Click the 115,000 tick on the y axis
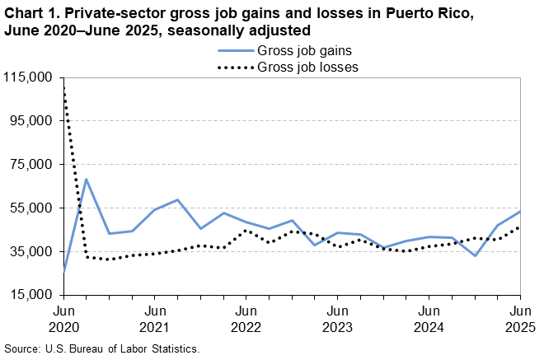pyautogui.click(x=29, y=77)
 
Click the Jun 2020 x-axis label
pyautogui.click(x=63, y=319)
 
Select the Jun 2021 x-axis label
pyautogui.click(x=154, y=319)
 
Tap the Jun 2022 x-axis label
pyautogui.click(x=246, y=319)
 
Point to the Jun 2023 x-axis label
pyautogui.click(x=337, y=319)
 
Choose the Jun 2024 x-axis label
pyautogui.click(x=429, y=319)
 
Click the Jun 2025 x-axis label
pyautogui.click(x=519, y=319)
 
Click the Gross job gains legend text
pyautogui.click(x=300, y=52)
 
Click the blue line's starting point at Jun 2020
pyautogui.click(x=64, y=270)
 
